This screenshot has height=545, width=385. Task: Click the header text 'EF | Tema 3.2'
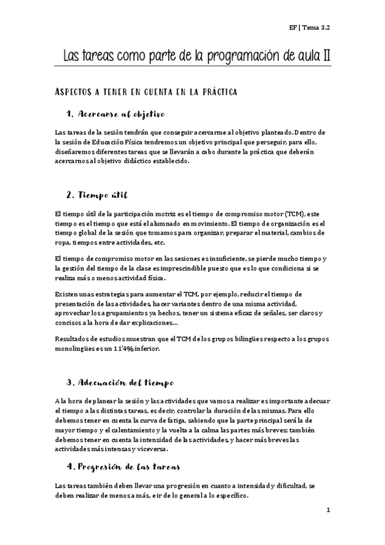click(x=315, y=28)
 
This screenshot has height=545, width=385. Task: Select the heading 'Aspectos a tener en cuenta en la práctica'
click(x=147, y=93)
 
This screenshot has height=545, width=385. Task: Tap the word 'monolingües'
click(x=80, y=349)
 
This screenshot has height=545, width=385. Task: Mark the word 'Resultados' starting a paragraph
click(x=75, y=339)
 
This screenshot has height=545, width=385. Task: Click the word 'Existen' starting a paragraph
click(x=69, y=294)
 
